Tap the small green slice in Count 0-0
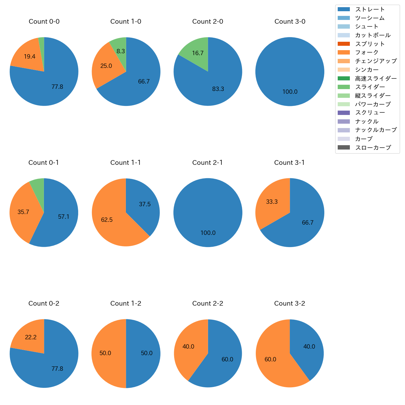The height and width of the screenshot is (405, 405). (x=41, y=47)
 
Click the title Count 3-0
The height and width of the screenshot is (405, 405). (x=290, y=21)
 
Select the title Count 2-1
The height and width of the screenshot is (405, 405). (x=207, y=163)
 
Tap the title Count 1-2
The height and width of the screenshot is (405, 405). (x=126, y=303)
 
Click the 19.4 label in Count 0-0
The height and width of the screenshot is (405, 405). (x=30, y=57)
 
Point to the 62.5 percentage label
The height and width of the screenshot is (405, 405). (x=107, y=220)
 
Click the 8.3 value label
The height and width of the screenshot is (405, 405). (x=121, y=51)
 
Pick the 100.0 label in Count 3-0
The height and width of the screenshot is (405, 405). (x=290, y=92)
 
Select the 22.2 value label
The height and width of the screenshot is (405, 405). (x=31, y=337)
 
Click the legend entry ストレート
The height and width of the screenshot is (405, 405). (x=370, y=9)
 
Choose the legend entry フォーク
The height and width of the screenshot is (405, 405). (x=367, y=52)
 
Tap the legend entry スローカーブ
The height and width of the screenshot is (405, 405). (x=373, y=148)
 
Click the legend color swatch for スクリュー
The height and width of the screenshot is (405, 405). (x=344, y=113)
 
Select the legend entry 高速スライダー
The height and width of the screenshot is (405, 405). (x=376, y=79)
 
